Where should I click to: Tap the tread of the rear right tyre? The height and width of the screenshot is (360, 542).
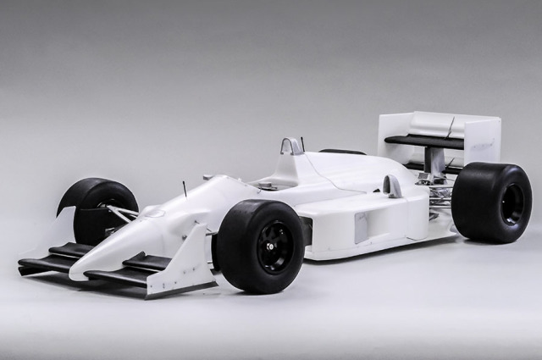tap(474, 203)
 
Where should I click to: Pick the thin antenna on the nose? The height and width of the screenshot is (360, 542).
tap(185, 188)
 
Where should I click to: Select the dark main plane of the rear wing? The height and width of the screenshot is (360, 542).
tap(423, 141)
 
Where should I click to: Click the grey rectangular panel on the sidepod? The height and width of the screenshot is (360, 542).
tap(362, 227)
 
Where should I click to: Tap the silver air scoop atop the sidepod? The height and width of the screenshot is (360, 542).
tap(392, 186)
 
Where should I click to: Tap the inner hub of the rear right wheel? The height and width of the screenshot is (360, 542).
tap(512, 203)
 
